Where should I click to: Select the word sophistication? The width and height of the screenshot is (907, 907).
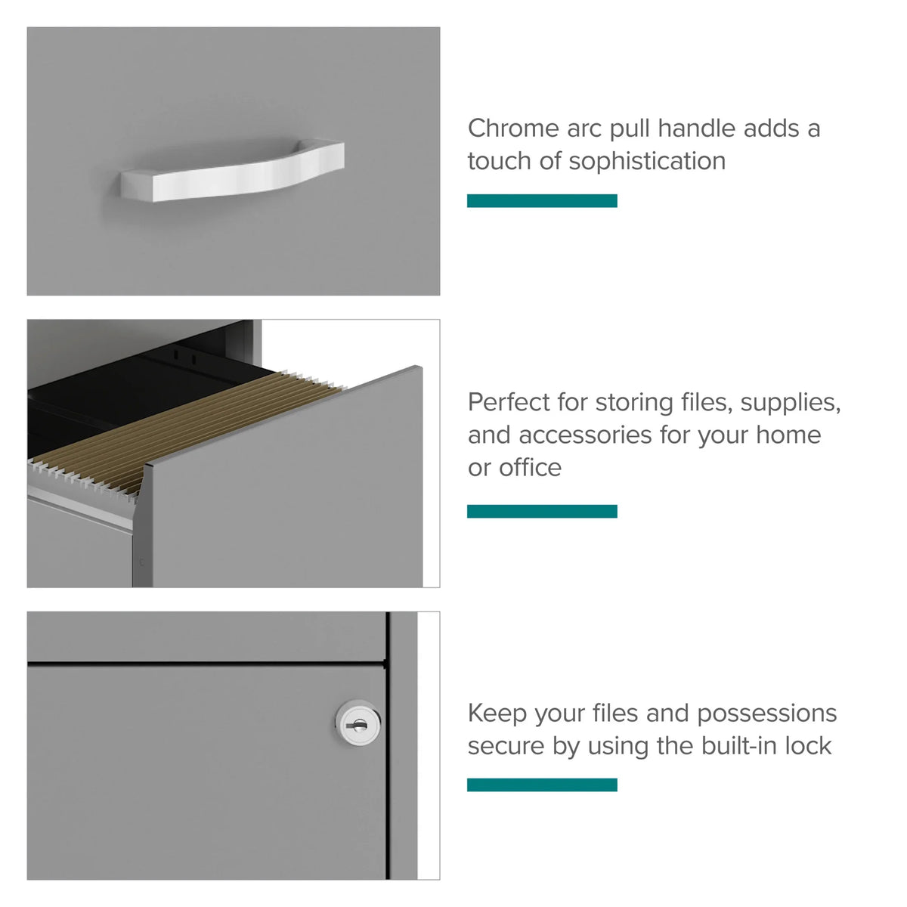point(647,162)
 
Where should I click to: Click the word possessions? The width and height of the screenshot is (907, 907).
point(766,714)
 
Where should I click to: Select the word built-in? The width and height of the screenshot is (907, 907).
point(739,746)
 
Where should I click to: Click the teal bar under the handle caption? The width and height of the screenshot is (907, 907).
point(542,200)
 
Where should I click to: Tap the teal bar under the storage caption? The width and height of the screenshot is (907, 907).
point(542,511)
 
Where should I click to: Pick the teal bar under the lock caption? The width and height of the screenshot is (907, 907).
point(542,785)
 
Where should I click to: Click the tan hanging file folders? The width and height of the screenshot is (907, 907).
point(188,429)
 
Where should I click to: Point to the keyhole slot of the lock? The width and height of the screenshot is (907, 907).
point(359,726)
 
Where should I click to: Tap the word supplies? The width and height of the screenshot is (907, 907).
point(791,404)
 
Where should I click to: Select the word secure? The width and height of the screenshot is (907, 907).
point(506,747)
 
